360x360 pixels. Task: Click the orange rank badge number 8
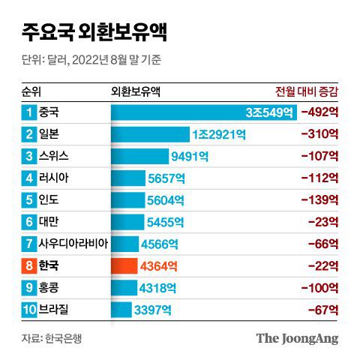point(28,265)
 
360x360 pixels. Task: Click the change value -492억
point(319,112)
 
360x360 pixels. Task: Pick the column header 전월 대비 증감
point(307,91)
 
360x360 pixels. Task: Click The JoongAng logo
point(297,337)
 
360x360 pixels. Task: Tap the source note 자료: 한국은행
point(51,337)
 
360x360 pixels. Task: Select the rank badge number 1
point(28,112)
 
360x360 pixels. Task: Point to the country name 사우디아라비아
point(78,244)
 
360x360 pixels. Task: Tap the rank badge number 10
point(28,309)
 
